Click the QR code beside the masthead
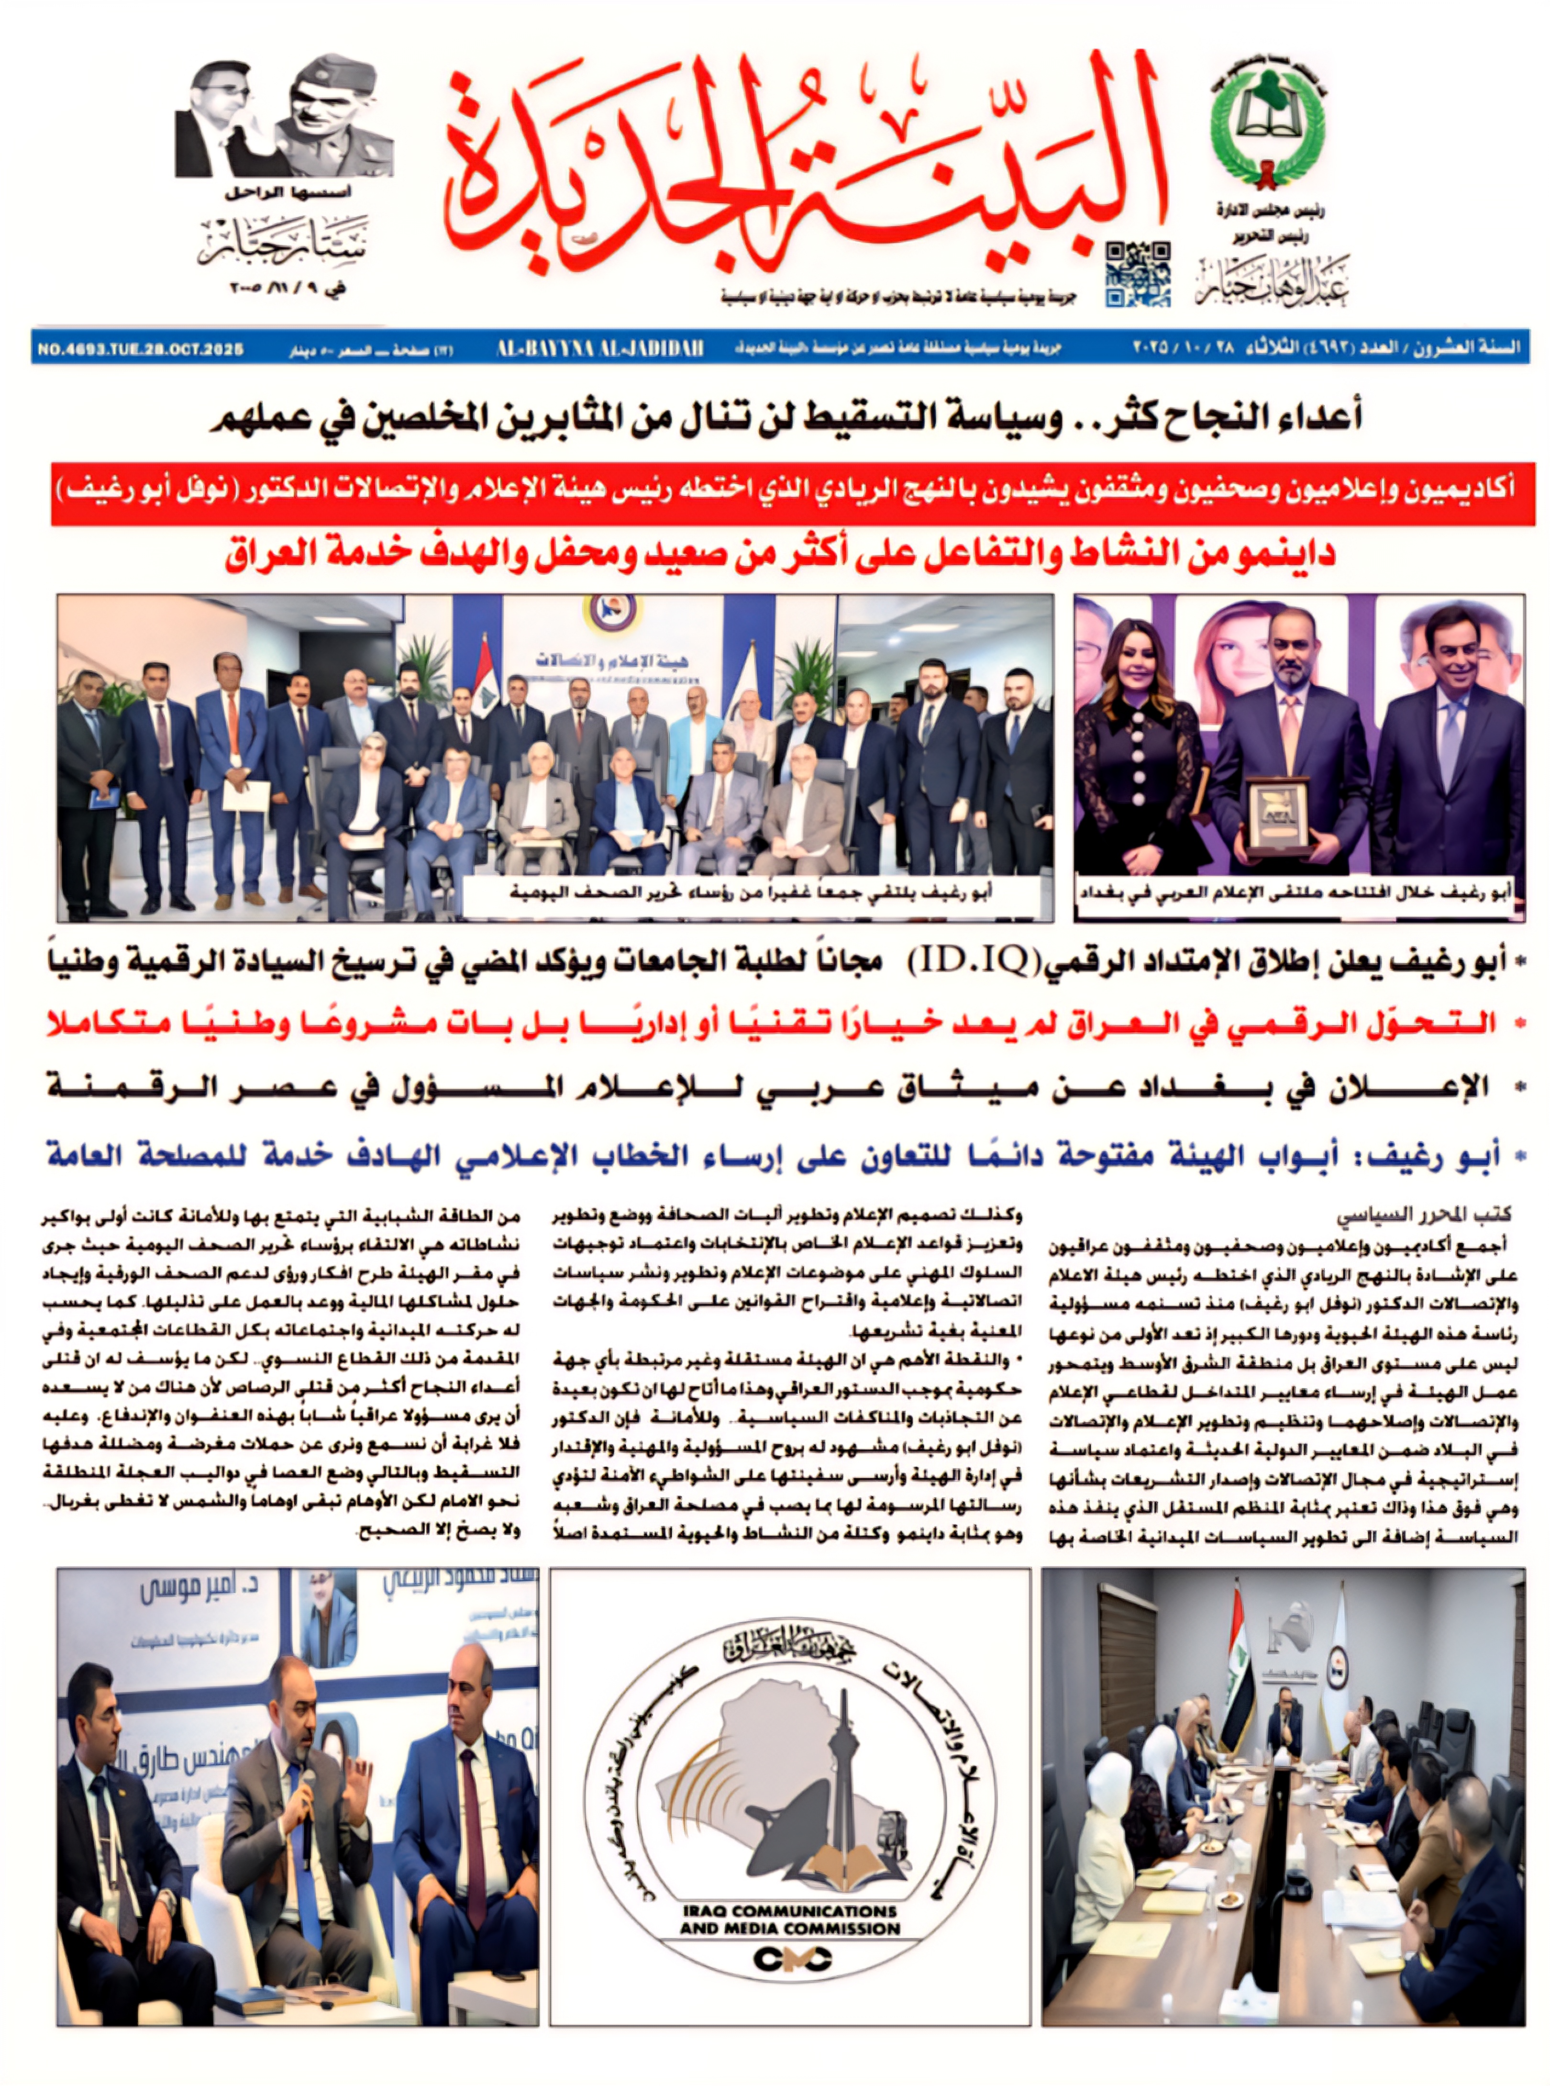(x=1138, y=274)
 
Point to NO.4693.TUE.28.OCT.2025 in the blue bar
(x=141, y=350)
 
